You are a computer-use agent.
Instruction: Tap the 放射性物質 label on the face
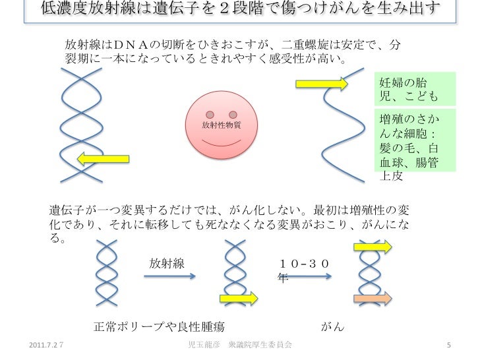point(221,125)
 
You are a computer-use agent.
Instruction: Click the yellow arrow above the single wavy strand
point(321,84)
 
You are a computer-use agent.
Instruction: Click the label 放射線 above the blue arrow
point(166,264)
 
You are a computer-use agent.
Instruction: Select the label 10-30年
point(305,269)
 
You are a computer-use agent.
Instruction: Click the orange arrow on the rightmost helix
point(373,299)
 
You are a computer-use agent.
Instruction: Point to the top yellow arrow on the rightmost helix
point(373,247)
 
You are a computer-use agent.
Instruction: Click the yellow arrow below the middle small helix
point(239,299)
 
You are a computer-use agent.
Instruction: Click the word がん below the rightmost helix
point(332,327)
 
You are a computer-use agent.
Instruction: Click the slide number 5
point(448,346)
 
